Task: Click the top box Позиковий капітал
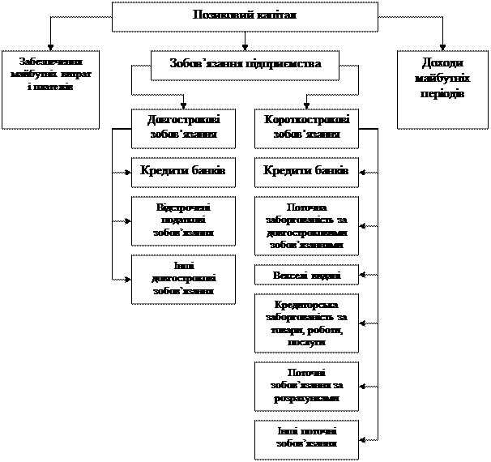245,16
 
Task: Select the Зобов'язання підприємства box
245,65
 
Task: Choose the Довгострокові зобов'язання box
183,127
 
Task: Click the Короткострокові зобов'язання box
306,127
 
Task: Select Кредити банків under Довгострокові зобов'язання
183,171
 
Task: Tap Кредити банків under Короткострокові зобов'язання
306,171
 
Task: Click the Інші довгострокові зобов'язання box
183,279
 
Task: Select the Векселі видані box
306,276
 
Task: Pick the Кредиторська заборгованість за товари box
306,323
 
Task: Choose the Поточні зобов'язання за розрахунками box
306,386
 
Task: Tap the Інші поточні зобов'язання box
306,438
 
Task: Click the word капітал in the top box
274,15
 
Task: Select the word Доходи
439,64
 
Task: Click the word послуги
306,343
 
